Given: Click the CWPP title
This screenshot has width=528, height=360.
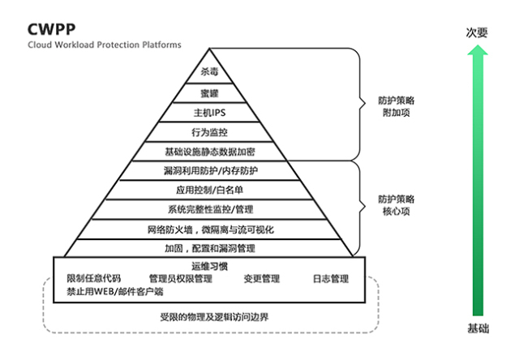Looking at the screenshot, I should [51, 28].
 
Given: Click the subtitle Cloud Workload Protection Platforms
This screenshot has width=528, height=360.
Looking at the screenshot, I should [105, 45].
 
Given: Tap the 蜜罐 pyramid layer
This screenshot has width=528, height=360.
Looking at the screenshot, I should [209, 92].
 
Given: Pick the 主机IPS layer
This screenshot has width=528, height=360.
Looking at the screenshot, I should [209, 112].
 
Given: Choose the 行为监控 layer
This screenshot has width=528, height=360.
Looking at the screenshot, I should [209, 131].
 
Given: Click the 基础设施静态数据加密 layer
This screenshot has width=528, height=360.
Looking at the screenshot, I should [209, 151].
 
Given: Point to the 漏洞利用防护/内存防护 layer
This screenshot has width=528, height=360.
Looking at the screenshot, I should [209, 170].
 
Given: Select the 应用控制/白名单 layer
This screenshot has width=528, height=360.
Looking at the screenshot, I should [209, 190].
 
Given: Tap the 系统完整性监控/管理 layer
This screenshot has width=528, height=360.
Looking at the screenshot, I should [209, 209].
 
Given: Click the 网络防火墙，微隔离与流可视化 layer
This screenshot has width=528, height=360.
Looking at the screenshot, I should [209, 229].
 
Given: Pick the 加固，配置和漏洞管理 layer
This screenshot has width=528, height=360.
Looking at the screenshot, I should [209, 248].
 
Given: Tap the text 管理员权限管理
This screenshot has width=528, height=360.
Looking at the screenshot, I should [180, 279].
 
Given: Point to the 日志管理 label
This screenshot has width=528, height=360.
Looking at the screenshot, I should [330, 279].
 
